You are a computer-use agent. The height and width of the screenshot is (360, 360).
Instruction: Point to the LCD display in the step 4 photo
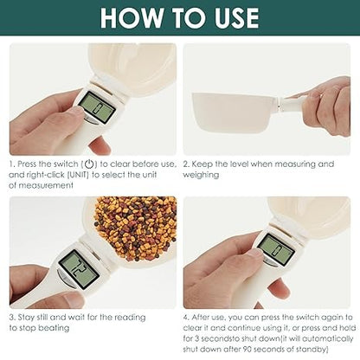276,249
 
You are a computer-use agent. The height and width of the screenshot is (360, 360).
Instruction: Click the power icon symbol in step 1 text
88,164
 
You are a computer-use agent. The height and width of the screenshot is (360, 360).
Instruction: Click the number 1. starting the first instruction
12,164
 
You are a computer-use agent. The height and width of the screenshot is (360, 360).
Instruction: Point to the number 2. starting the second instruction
188,164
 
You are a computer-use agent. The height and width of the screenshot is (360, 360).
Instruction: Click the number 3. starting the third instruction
12,318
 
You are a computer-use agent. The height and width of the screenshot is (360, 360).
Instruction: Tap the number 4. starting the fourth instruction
188,318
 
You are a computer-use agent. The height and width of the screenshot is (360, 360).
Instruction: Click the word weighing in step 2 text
201,174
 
